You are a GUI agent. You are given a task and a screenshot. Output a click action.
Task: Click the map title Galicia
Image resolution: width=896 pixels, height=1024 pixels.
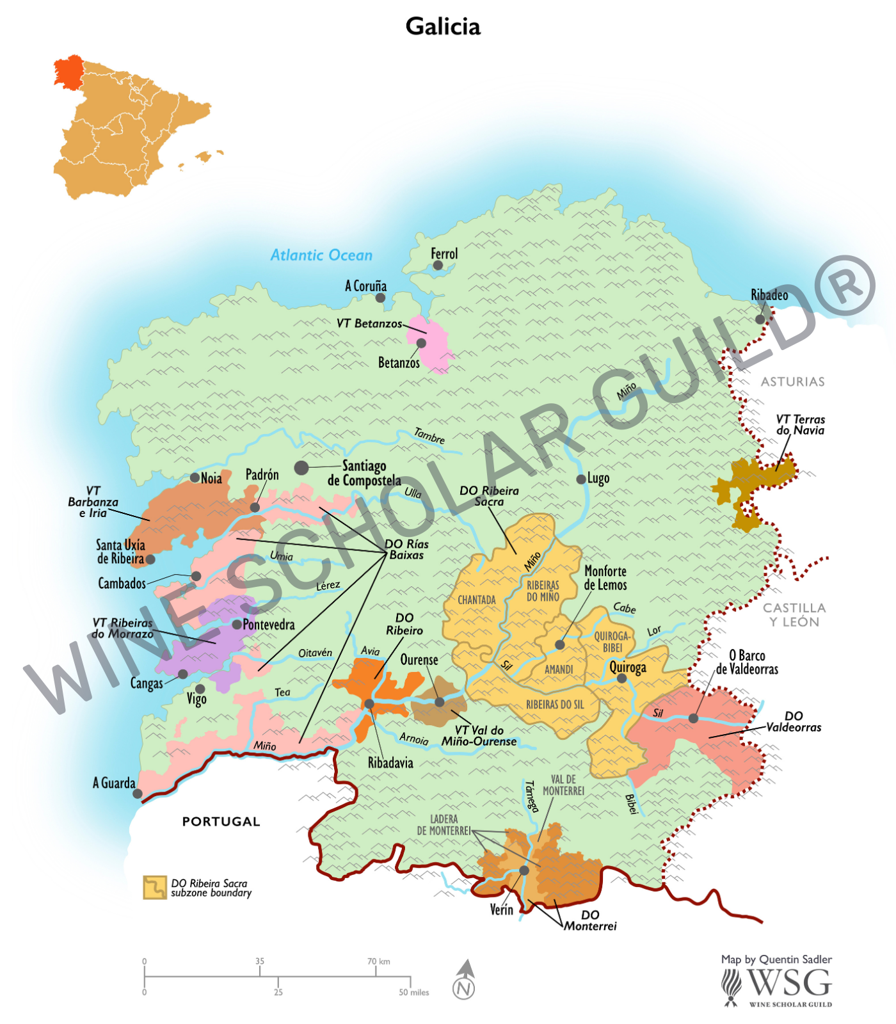(443, 27)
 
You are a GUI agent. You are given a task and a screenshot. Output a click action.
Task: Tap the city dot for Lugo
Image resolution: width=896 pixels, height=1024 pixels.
(580, 479)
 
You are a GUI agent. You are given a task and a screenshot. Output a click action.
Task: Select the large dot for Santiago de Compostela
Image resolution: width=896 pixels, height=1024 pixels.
(301, 468)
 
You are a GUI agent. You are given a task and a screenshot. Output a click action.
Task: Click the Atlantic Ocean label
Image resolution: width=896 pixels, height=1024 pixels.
(321, 255)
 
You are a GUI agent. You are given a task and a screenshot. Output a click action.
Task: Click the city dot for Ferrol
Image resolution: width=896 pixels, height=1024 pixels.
(438, 265)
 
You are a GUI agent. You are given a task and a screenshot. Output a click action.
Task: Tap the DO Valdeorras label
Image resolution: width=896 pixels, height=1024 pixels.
(793, 721)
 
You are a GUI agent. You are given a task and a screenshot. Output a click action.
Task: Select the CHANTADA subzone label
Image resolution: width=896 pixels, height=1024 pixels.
(477, 600)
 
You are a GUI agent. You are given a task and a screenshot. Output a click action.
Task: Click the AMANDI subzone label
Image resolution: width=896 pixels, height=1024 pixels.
(559, 669)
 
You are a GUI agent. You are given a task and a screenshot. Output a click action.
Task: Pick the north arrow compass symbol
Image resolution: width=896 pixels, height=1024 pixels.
(465, 980)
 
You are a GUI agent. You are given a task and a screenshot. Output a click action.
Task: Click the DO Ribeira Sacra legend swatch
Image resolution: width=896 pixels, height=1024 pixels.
(155, 888)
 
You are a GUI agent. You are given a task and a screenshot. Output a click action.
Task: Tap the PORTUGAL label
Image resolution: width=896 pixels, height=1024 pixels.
(221, 822)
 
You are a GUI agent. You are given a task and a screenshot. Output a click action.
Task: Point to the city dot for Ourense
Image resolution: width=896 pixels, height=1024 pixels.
(440, 702)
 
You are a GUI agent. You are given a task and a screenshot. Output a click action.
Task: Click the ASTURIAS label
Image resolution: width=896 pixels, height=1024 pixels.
(792, 382)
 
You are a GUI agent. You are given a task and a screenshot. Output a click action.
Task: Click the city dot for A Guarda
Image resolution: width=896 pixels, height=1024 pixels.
(138, 794)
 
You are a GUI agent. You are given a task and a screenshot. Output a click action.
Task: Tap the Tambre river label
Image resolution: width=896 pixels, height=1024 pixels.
(429, 436)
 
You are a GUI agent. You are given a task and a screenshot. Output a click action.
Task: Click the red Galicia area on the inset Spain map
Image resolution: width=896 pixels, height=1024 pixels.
(68, 70)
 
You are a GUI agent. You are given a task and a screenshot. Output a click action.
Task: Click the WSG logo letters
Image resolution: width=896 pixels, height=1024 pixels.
(788, 982)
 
